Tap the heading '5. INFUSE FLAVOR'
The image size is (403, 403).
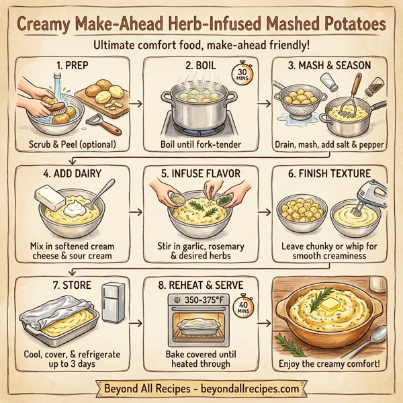click(200, 175)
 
